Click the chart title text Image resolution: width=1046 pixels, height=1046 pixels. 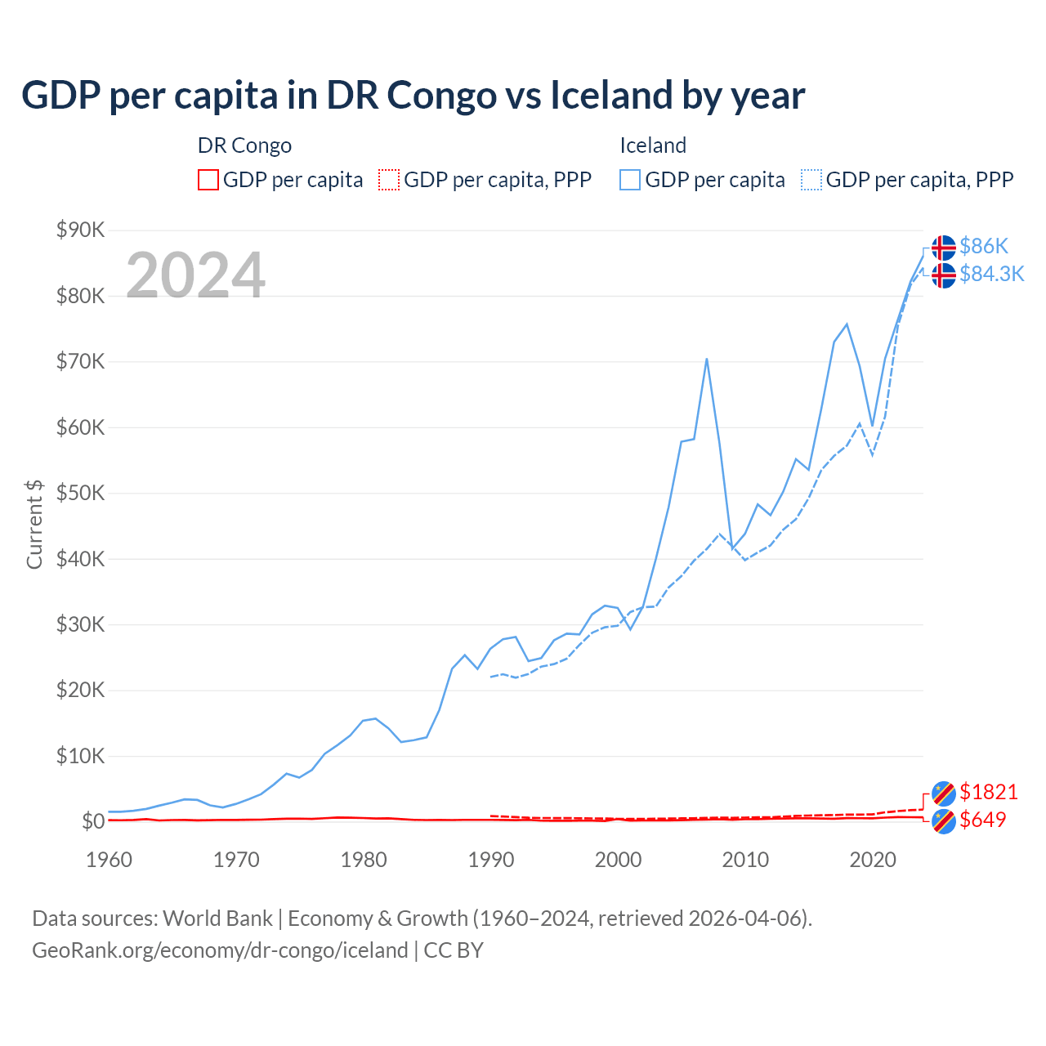413,96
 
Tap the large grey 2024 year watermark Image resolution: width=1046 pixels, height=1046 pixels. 196,275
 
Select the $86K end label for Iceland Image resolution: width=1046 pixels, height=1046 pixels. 984,246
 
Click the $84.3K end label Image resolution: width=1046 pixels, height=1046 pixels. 991,274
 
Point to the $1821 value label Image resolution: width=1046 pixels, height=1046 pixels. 988,792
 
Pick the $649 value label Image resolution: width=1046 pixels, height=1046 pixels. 982,820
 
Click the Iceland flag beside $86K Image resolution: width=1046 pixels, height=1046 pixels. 943,247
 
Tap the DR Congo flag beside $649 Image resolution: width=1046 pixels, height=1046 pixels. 943,820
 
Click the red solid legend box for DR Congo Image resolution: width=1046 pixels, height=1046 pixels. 208,180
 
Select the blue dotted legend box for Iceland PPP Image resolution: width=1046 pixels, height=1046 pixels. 811,180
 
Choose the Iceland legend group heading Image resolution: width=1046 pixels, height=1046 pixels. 652,145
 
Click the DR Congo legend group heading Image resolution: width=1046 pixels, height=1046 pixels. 244,145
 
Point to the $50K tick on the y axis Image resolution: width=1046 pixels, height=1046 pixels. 80,493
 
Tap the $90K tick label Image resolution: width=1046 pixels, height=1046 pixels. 80,230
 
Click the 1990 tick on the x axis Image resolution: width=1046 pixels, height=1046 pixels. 491,860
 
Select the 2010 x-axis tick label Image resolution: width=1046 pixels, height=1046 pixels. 745,860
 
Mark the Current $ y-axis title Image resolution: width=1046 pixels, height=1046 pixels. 34,525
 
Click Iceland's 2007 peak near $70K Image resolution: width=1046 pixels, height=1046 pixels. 706,360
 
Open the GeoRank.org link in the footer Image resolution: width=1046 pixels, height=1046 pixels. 220,950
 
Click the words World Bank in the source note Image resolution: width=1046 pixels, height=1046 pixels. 217,919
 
